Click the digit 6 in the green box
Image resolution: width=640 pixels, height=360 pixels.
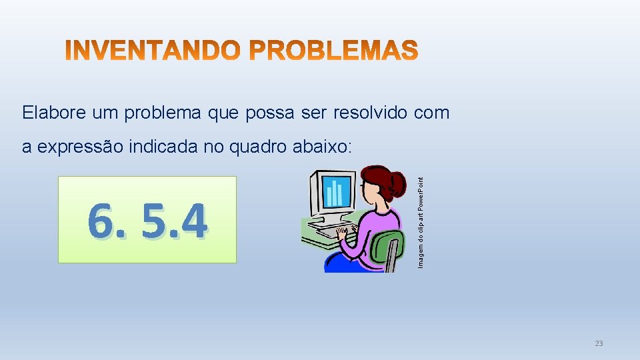(102, 222)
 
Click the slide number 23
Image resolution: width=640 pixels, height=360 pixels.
(598, 343)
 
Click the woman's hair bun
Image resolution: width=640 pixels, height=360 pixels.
(398, 181)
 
